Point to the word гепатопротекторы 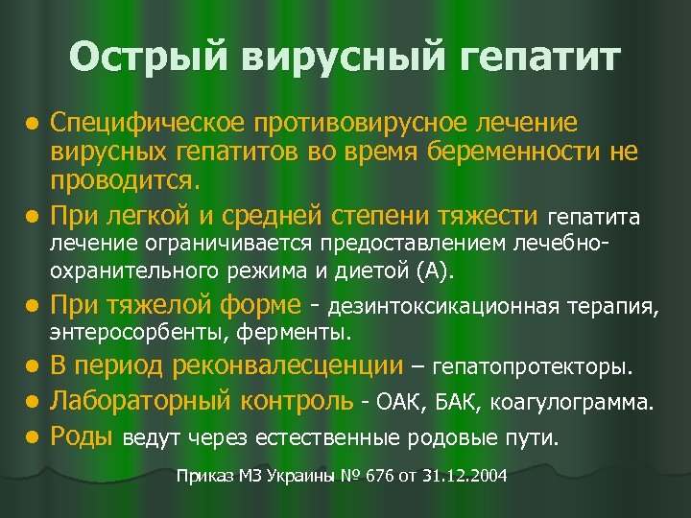(535, 366)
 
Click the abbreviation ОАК (401, 402)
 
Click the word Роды (82, 437)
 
